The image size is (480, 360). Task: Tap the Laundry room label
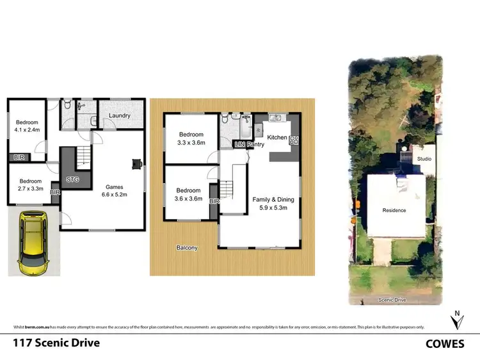coord(120,116)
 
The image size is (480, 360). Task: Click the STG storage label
coord(72,180)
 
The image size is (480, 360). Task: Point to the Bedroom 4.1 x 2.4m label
coord(28,126)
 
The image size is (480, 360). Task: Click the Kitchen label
coord(277,138)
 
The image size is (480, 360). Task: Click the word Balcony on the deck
coord(188,248)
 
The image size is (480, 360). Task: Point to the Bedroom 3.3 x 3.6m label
coord(191,138)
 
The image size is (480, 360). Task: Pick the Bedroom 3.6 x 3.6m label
coord(189,195)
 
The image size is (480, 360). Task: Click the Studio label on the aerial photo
coord(424,158)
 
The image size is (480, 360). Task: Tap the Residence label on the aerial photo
coord(394,210)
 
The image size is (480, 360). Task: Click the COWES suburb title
coord(445,344)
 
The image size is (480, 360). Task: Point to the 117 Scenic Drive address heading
coord(57,343)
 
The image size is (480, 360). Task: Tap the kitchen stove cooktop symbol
coord(295,138)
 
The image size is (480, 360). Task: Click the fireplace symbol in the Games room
coord(136,163)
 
